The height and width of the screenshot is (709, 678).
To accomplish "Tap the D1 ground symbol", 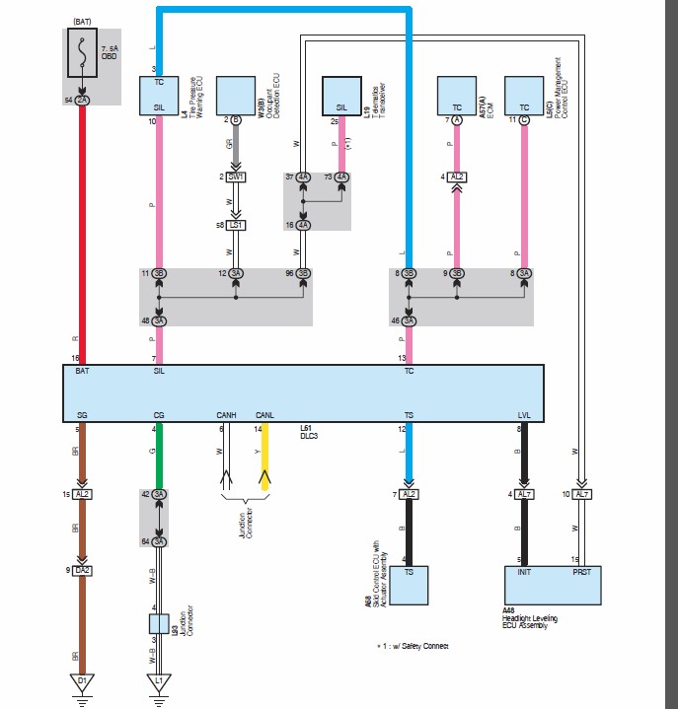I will [82, 681].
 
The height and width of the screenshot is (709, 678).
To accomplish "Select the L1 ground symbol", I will [159, 681].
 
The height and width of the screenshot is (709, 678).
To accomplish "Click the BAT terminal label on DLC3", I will [82, 373].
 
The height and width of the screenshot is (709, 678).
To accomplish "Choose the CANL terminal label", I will [264, 415].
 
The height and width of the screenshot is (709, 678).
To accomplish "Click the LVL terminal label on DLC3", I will [523, 415].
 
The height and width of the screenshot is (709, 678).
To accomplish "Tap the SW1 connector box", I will [235, 177].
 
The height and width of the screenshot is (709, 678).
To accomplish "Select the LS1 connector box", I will [235, 225].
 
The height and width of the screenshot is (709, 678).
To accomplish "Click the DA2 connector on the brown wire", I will [82, 570].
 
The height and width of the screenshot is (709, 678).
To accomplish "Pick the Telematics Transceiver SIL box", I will [341, 99].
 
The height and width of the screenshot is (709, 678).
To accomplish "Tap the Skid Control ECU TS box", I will [409, 585].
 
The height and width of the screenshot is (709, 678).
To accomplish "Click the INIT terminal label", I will [523, 570].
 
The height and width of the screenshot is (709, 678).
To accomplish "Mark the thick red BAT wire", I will [82, 237].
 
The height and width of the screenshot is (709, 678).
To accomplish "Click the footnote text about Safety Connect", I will [414, 646].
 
